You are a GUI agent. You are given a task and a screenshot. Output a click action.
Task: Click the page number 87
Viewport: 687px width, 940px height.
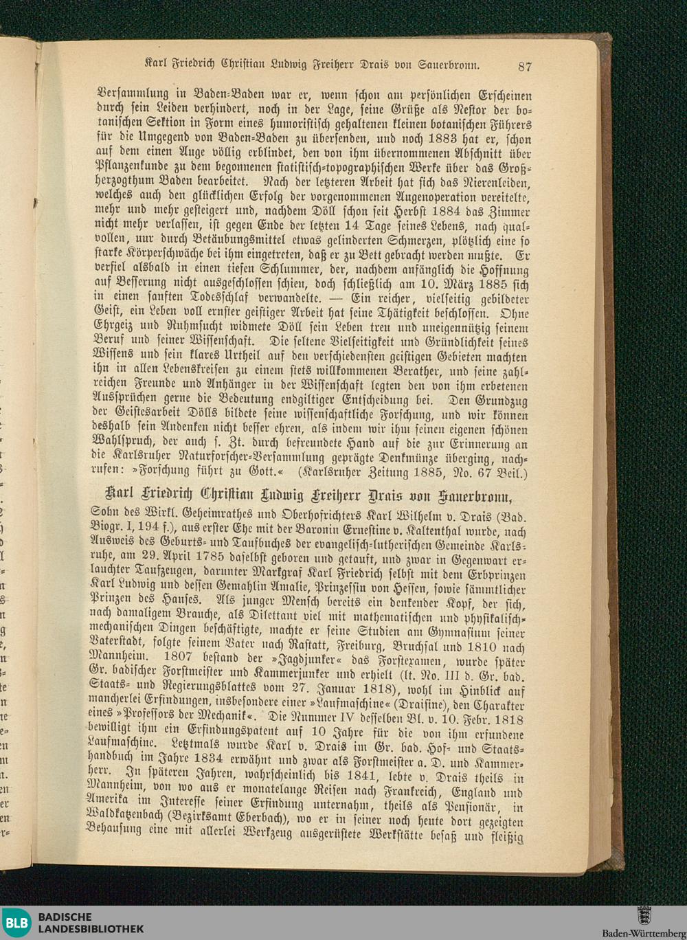coord(526,66)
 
